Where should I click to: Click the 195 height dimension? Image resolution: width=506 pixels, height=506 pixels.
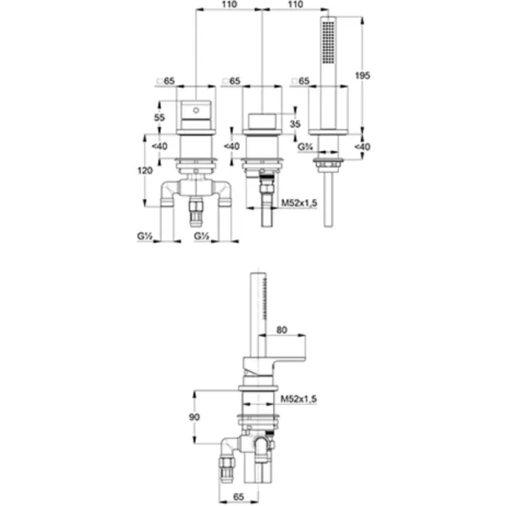tap(363, 76)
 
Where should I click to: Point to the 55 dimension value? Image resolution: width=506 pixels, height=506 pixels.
tap(159, 117)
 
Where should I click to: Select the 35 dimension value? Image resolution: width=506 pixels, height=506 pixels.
tap(295, 124)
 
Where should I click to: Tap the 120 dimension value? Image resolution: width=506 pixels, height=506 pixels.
tap(145, 170)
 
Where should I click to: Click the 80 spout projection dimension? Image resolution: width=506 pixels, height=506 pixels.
tap(282, 330)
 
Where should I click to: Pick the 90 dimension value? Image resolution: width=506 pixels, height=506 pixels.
tap(194, 417)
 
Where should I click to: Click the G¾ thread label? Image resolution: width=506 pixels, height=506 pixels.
tap(305, 147)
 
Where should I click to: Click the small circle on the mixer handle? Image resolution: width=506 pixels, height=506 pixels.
tap(196, 110)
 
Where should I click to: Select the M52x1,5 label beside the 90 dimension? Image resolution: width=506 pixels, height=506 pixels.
tap(299, 399)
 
